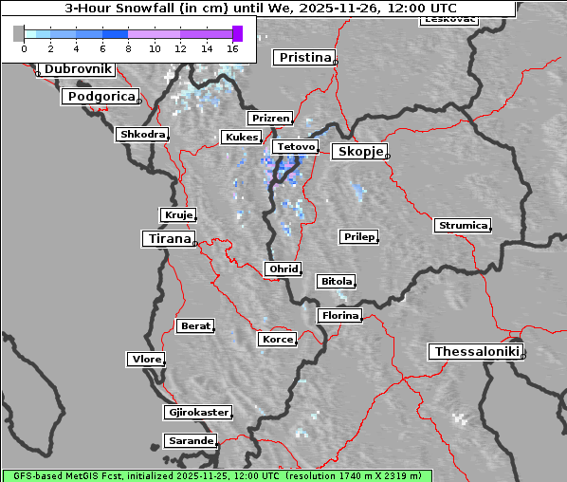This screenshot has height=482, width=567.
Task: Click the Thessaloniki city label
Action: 476,352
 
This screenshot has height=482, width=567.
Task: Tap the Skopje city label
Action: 358,152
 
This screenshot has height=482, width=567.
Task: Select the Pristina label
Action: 304,58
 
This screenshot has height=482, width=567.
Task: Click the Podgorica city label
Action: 101,97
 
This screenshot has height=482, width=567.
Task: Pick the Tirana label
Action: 168,239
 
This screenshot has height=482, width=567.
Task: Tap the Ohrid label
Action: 283,269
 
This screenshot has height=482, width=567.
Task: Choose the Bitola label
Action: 336,281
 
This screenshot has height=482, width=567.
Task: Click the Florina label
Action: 339,315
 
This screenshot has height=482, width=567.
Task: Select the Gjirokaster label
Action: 197,413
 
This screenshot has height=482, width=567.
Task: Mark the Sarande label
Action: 190,441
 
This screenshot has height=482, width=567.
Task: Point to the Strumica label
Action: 463,226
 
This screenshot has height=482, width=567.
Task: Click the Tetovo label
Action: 294,147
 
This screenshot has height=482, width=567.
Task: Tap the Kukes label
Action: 241,138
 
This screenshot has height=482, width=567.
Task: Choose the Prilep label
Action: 358,236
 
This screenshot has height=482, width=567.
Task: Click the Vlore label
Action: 145,360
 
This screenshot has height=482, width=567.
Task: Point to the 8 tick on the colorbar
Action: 128,47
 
